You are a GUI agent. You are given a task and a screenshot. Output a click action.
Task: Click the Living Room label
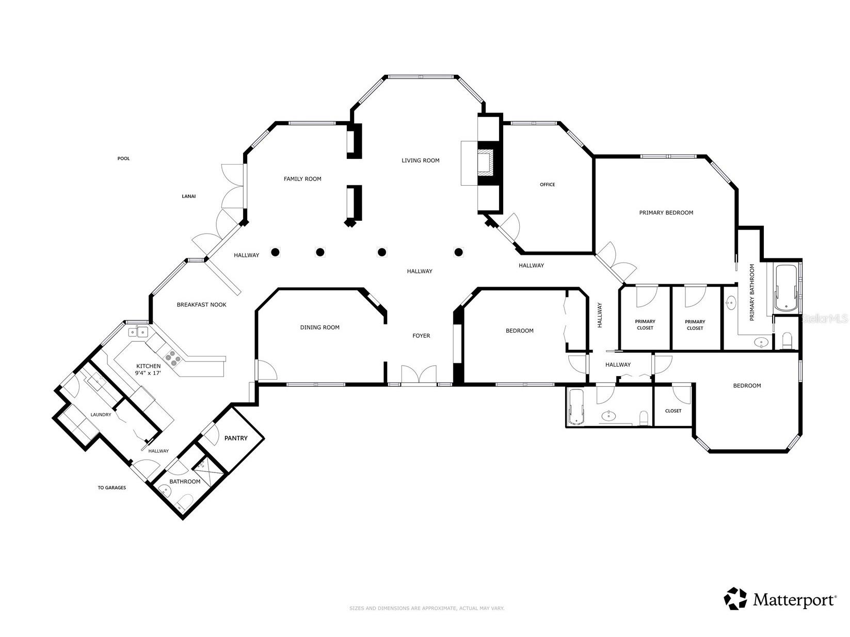[420, 160]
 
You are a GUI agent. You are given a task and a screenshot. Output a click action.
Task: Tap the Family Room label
[302, 179]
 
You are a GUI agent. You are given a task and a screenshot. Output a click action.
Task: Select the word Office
[547, 185]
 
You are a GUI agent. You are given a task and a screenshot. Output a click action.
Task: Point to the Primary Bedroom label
[666, 213]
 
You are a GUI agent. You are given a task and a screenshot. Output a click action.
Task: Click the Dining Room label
[319, 328]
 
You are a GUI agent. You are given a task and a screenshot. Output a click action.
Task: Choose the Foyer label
[421, 336]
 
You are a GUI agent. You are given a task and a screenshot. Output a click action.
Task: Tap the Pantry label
[236, 438]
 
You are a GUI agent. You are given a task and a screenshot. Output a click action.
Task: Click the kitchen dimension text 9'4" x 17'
[148, 373]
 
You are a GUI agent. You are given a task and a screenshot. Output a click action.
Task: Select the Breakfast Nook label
[201, 304]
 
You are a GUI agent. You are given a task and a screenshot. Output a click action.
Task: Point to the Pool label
[123, 158]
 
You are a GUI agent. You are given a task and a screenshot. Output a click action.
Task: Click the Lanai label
[188, 196]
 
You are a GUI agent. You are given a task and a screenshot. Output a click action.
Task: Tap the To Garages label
[111, 487]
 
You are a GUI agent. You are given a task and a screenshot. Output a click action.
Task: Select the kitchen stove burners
[173, 357]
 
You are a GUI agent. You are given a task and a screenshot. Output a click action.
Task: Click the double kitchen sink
[138, 332]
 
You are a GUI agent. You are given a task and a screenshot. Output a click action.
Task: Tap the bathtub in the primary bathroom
[786, 288]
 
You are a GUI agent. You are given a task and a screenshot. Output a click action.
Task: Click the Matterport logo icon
[735, 598]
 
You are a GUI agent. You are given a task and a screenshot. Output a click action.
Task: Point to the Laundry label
[101, 415]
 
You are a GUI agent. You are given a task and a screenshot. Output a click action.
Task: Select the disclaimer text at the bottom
[426, 608]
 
